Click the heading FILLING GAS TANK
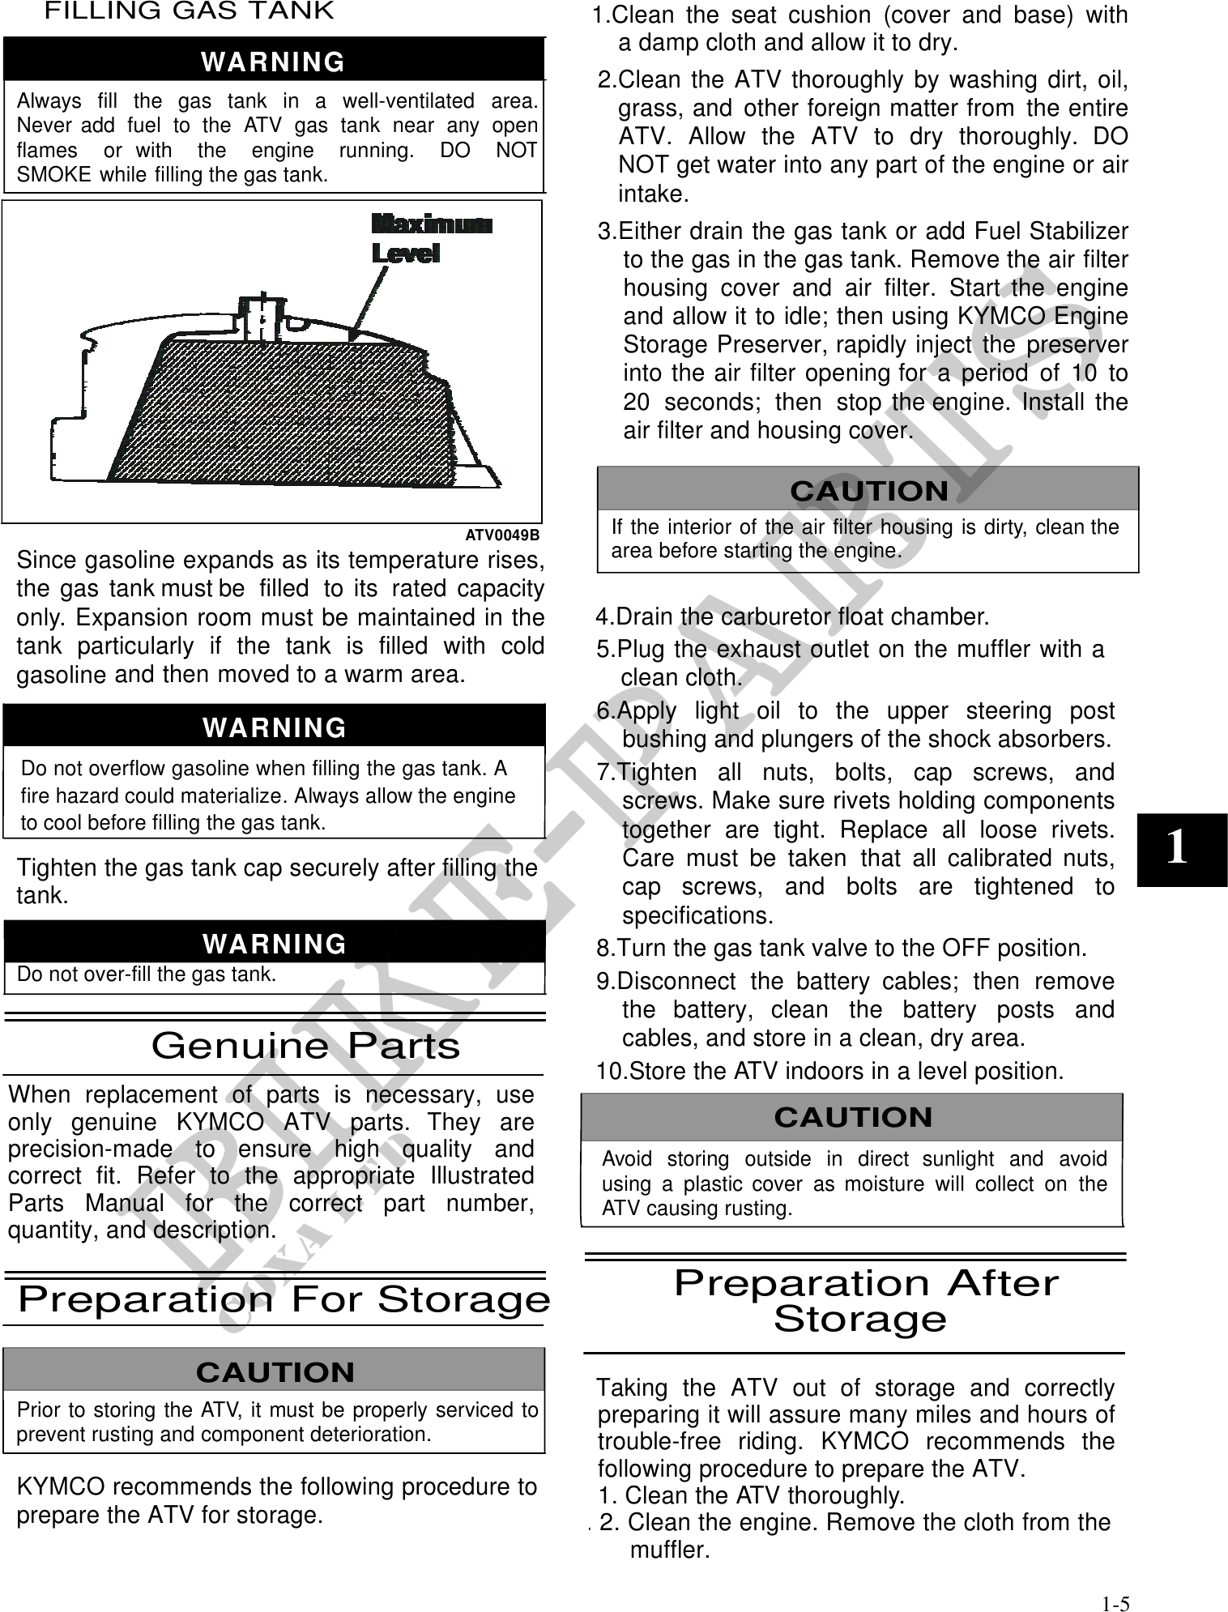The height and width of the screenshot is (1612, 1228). tap(189, 11)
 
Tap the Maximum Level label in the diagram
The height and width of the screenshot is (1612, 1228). tap(430, 238)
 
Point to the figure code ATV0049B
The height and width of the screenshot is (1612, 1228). tap(502, 535)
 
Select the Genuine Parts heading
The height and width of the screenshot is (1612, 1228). tap(305, 1046)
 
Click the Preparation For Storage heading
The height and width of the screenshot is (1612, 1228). tap(284, 1300)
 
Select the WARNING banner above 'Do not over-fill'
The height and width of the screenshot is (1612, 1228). tap(275, 944)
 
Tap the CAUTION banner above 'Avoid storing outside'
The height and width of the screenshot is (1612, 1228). tap(853, 1117)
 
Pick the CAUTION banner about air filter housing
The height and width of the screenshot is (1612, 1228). tap(868, 491)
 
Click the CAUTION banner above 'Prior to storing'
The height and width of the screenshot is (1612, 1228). tap(275, 1372)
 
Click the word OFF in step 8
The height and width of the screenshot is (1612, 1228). tap(966, 948)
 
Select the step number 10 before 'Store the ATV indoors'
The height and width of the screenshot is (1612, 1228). tap(612, 1072)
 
